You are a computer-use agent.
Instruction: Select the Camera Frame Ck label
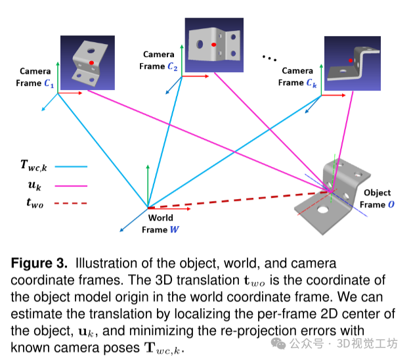297,77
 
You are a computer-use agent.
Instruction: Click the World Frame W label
160,223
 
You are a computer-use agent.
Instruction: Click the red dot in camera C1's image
92,62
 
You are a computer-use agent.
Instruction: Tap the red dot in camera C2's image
214,44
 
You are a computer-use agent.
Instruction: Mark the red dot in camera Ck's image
351,60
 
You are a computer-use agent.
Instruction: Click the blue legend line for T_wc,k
74,167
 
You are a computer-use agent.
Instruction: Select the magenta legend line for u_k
74,186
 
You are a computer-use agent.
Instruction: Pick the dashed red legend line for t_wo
74,204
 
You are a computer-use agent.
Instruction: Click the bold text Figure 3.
39,263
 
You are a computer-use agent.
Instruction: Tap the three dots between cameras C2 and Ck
270,58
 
